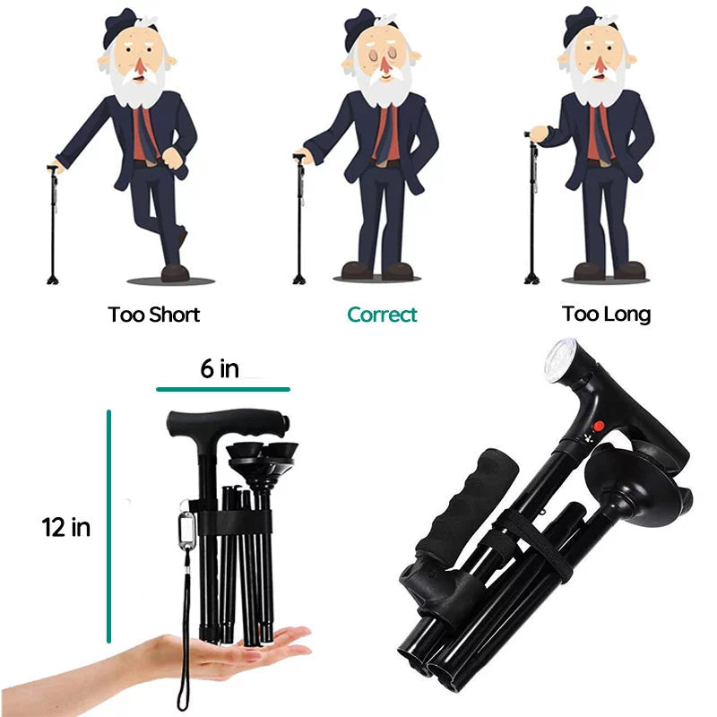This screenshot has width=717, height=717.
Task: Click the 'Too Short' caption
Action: tap(154, 315)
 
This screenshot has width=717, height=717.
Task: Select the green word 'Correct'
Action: tap(382, 315)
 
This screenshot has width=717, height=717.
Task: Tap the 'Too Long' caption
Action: tap(607, 315)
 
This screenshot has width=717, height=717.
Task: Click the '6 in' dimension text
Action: tap(219, 368)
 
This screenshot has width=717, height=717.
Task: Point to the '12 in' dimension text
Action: tap(66, 527)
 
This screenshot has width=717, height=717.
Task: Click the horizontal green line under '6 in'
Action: tap(222, 390)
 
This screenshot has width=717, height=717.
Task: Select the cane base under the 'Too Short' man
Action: tap(53, 278)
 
